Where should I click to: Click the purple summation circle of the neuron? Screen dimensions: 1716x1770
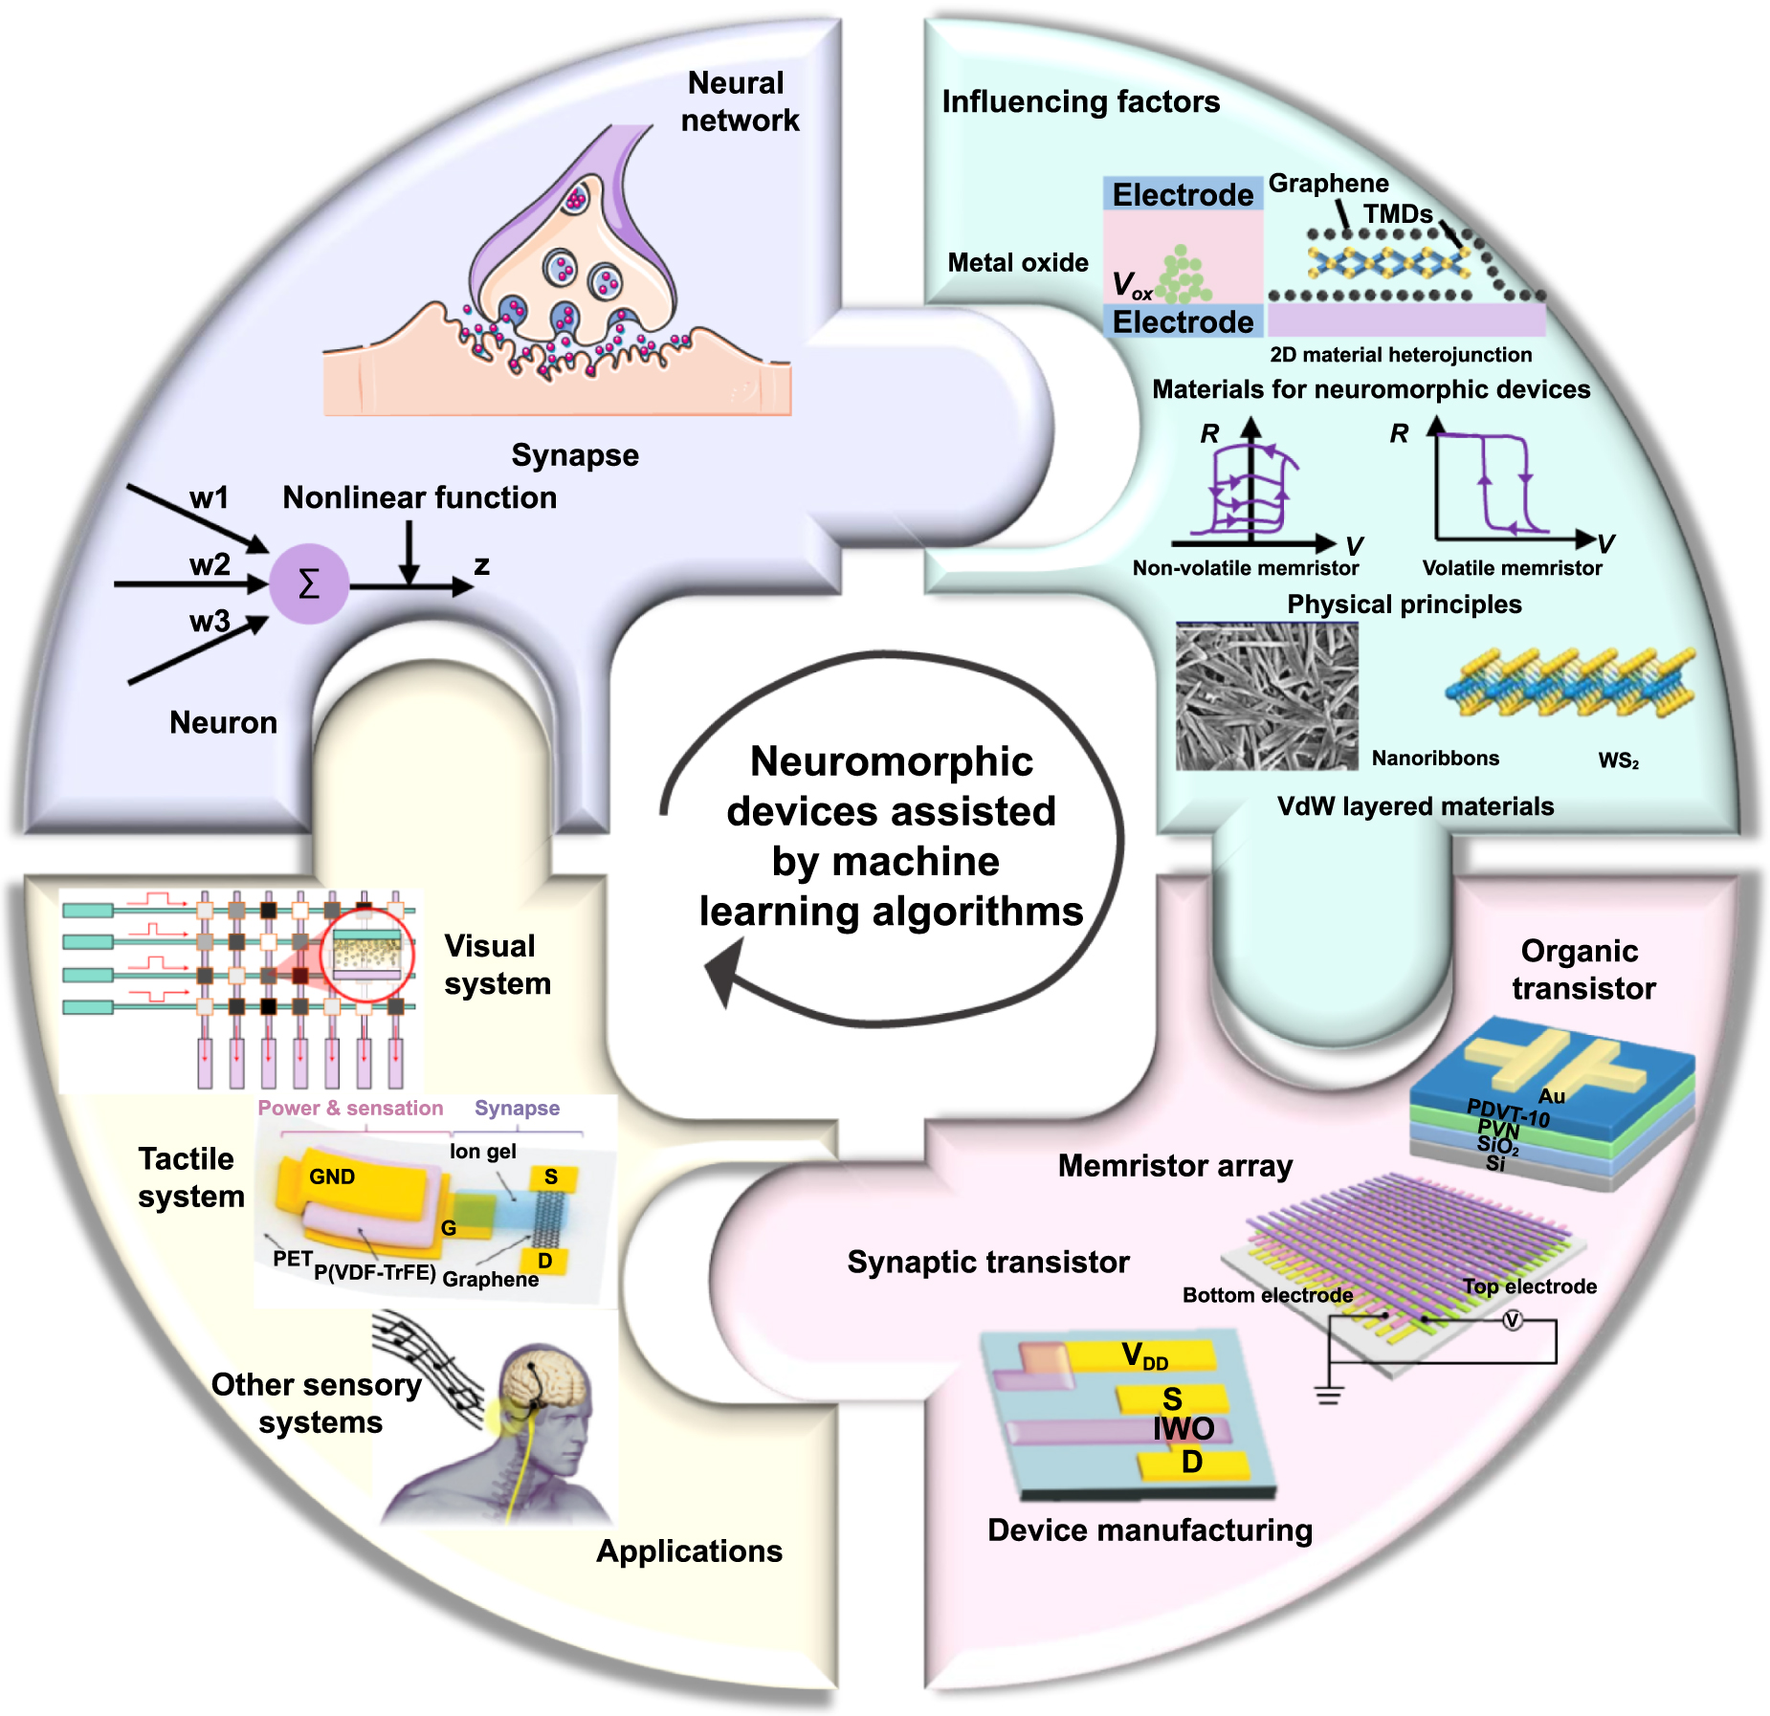click(x=308, y=583)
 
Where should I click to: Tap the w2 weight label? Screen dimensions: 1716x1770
click(x=210, y=564)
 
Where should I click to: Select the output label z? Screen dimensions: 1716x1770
click(x=482, y=565)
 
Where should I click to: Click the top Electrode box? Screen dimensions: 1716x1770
click(x=1183, y=194)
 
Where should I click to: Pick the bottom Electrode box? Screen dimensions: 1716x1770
click(x=1183, y=321)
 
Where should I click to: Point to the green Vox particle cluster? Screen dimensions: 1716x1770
click(x=1184, y=275)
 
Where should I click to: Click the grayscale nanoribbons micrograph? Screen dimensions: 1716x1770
click(x=1267, y=696)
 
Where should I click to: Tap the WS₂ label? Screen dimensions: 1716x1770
click(x=1618, y=761)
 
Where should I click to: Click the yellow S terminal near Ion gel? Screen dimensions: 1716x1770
click(x=552, y=1177)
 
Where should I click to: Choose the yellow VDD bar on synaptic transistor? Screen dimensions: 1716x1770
click(x=1143, y=1355)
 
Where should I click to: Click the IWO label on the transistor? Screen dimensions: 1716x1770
click(x=1184, y=1428)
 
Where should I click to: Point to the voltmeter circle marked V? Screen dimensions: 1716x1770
click(x=1512, y=1321)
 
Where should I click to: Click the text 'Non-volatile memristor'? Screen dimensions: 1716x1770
click(x=1245, y=568)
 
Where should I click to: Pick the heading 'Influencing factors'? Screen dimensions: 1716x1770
click(x=1080, y=101)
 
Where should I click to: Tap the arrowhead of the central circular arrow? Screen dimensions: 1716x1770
click(x=724, y=971)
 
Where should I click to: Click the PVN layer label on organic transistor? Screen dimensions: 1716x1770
click(x=1498, y=1130)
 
